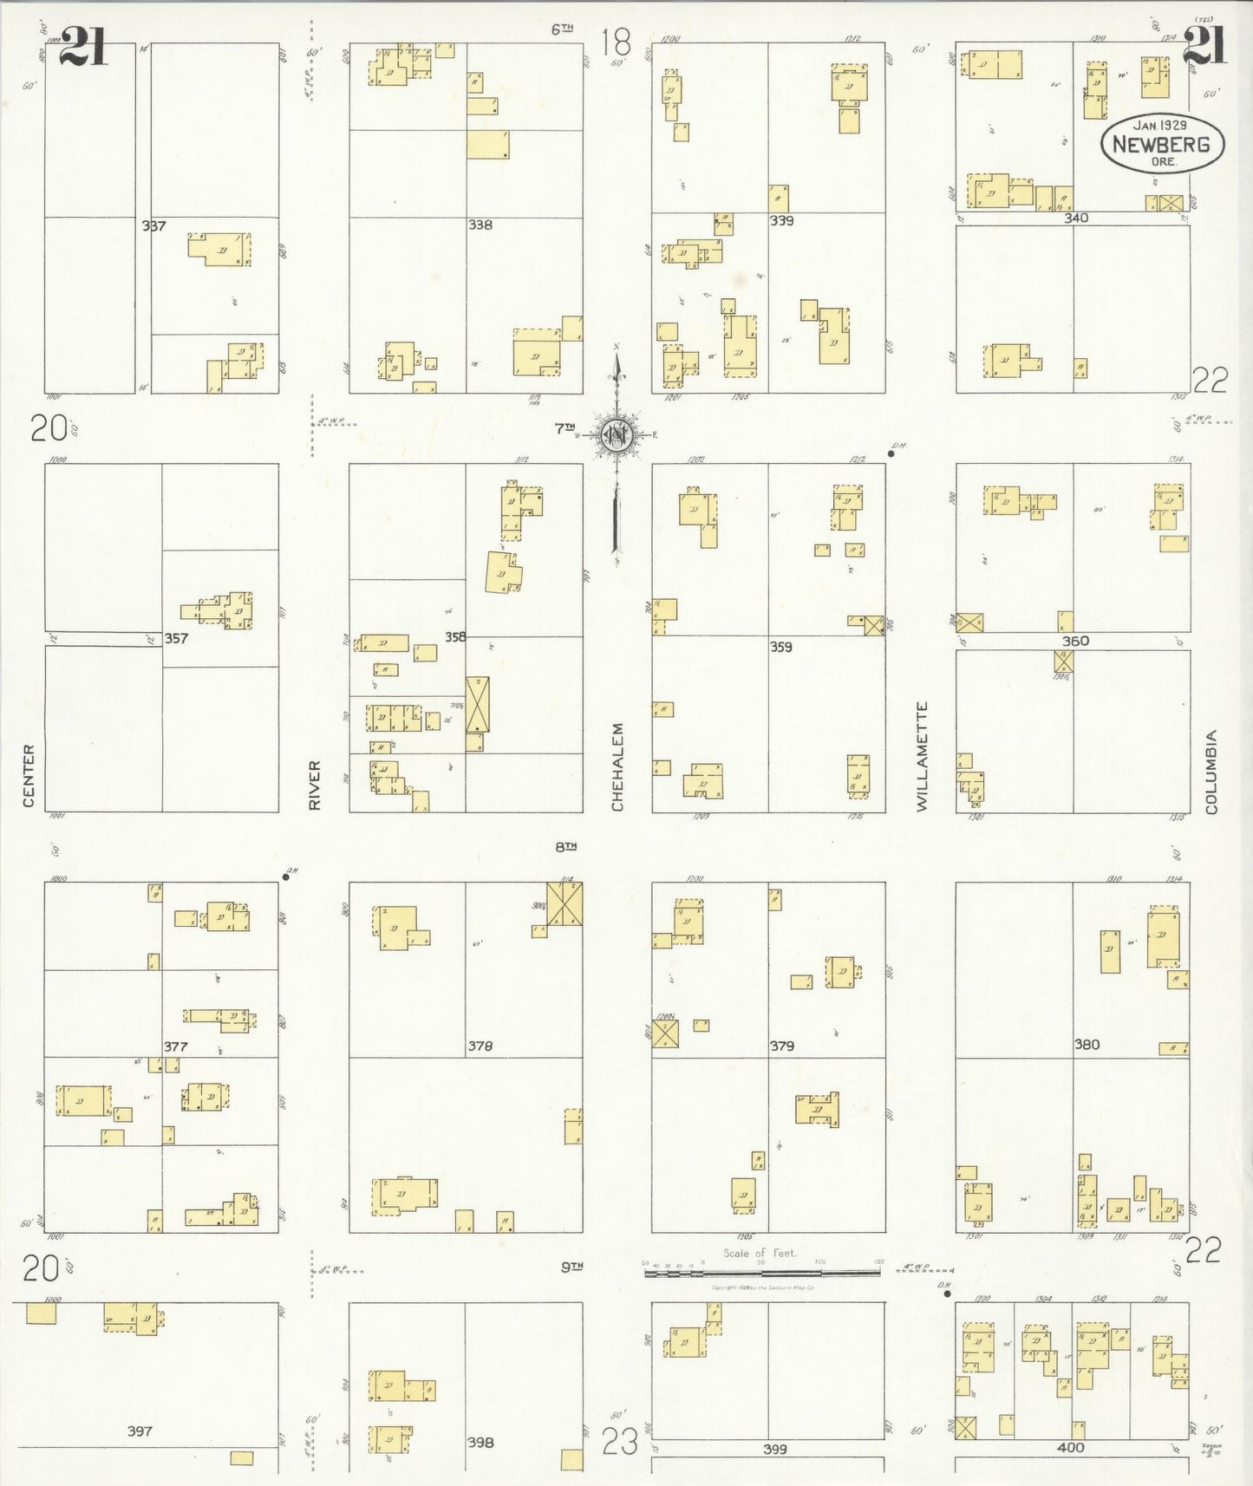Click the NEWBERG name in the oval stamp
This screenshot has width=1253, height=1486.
(x=1161, y=145)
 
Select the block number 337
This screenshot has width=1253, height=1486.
(x=153, y=226)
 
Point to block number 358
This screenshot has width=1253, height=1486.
(x=455, y=637)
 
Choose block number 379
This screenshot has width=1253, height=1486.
(x=781, y=1046)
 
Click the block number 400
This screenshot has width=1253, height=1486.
(x=1070, y=1447)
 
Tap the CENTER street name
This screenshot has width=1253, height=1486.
(x=29, y=776)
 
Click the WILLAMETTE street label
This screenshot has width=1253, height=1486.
(x=922, y=756)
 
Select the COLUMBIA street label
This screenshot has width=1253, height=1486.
(x=1211, y=772)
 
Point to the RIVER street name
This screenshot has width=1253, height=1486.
(x=315, y=785)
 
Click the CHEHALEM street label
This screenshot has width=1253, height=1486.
(x=617, y=767)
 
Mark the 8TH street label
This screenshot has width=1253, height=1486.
(x=565, y=846)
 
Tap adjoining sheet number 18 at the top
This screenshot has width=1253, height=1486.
(x=616, y=41)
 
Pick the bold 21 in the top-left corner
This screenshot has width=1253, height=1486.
(x=84, y=46)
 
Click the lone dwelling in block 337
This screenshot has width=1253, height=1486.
(x=220, y=249)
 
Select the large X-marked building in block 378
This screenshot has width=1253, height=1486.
(x=565, y=903)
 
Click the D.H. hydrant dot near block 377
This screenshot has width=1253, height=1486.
(x=285, y=877)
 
